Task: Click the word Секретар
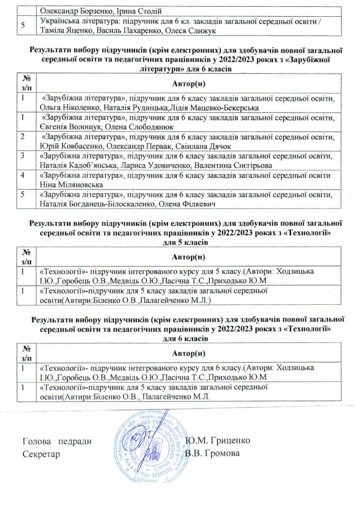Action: pos(42,453)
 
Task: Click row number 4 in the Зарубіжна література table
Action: pos(23,175)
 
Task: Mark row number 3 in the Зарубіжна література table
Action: pos(23,156)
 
